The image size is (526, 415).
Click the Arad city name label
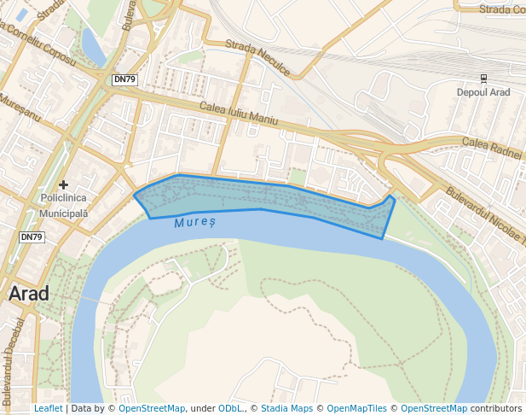[28, 294]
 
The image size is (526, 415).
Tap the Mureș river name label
[195, 222]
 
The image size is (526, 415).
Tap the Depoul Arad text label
[483, 92]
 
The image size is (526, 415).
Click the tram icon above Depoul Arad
[484, 78]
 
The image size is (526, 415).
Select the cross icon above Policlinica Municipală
[64, 184]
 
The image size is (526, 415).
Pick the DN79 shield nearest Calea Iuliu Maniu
[124, 79]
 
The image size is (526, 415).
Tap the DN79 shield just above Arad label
[32, 237]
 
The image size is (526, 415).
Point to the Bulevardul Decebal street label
[11, 359]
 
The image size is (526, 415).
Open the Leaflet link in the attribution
[48, 408]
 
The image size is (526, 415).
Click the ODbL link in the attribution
[230, 408]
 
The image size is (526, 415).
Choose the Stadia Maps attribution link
[287, 408]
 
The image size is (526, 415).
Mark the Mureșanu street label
[20, 108]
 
